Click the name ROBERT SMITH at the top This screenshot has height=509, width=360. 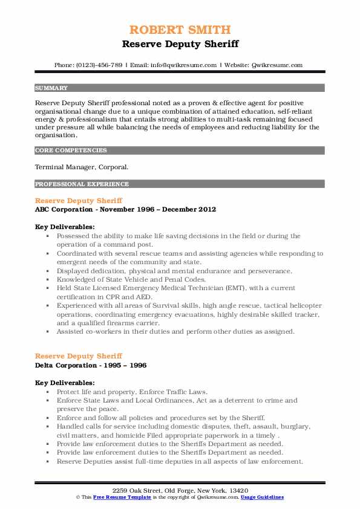click(x=180, y=30)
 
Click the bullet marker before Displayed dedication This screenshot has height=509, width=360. click(x=48, y=271)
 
